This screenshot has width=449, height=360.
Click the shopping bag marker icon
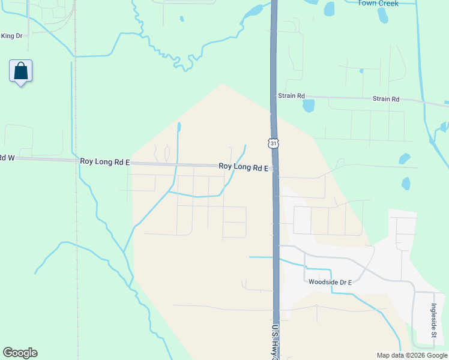point(21,71)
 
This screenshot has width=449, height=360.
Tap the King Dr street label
point(11,36)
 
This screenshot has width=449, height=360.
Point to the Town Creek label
point(378,3)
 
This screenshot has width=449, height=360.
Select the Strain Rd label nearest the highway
point(291,96)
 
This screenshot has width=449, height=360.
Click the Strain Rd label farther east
point(385,99)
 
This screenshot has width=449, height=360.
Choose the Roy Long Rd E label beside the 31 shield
point(243,167)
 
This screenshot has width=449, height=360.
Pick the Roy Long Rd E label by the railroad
point(104,161)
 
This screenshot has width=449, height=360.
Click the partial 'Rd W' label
point(7,158)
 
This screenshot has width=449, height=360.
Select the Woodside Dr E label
point(329,282)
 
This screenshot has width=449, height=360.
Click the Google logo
point(20,353)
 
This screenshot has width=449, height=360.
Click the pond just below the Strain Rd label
point(309,106)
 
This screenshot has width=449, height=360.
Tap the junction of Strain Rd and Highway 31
point(274,96)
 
